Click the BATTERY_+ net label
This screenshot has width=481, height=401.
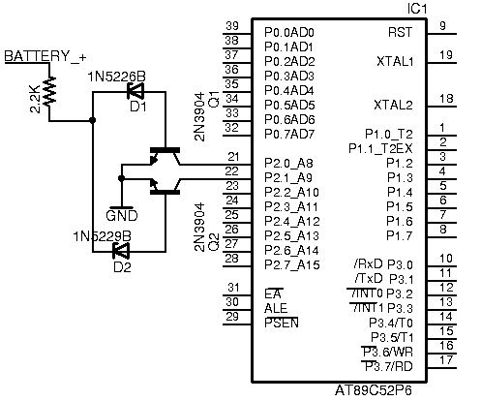click(x=45, y=56)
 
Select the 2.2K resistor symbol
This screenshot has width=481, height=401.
click(x=49, y=91)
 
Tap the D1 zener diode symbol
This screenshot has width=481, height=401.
click(x=135, y=92)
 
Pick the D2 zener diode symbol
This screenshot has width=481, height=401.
click(x=121, y=251)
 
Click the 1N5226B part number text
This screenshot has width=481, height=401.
click(x=117, y=77)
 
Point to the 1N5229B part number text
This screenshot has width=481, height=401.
click(x=103, y=236)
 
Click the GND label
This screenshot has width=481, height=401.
click(x=122, y=215)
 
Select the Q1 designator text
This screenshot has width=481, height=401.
click(x=214, y=99)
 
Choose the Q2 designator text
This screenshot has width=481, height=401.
click(x=214, y=242)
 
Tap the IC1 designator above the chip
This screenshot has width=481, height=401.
click(x=417, y=9)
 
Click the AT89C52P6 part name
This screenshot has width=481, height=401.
click(x=374, y=390)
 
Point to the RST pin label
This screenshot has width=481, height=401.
click(x=400, y=32)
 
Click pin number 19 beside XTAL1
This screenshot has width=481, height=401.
click(x=446, y=55)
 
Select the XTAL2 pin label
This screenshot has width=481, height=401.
click(x=393, y=105)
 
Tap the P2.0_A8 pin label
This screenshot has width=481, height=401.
click(x=288, y=163)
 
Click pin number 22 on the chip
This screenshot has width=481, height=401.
click(x=231, y=171)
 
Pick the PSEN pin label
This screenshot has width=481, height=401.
click(x=282, y=323)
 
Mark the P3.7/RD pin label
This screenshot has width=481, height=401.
click(x=387, y=366)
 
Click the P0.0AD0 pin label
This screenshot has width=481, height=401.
click(x=289, y=32)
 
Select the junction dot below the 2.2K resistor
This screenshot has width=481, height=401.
click(x=93, y=120)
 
